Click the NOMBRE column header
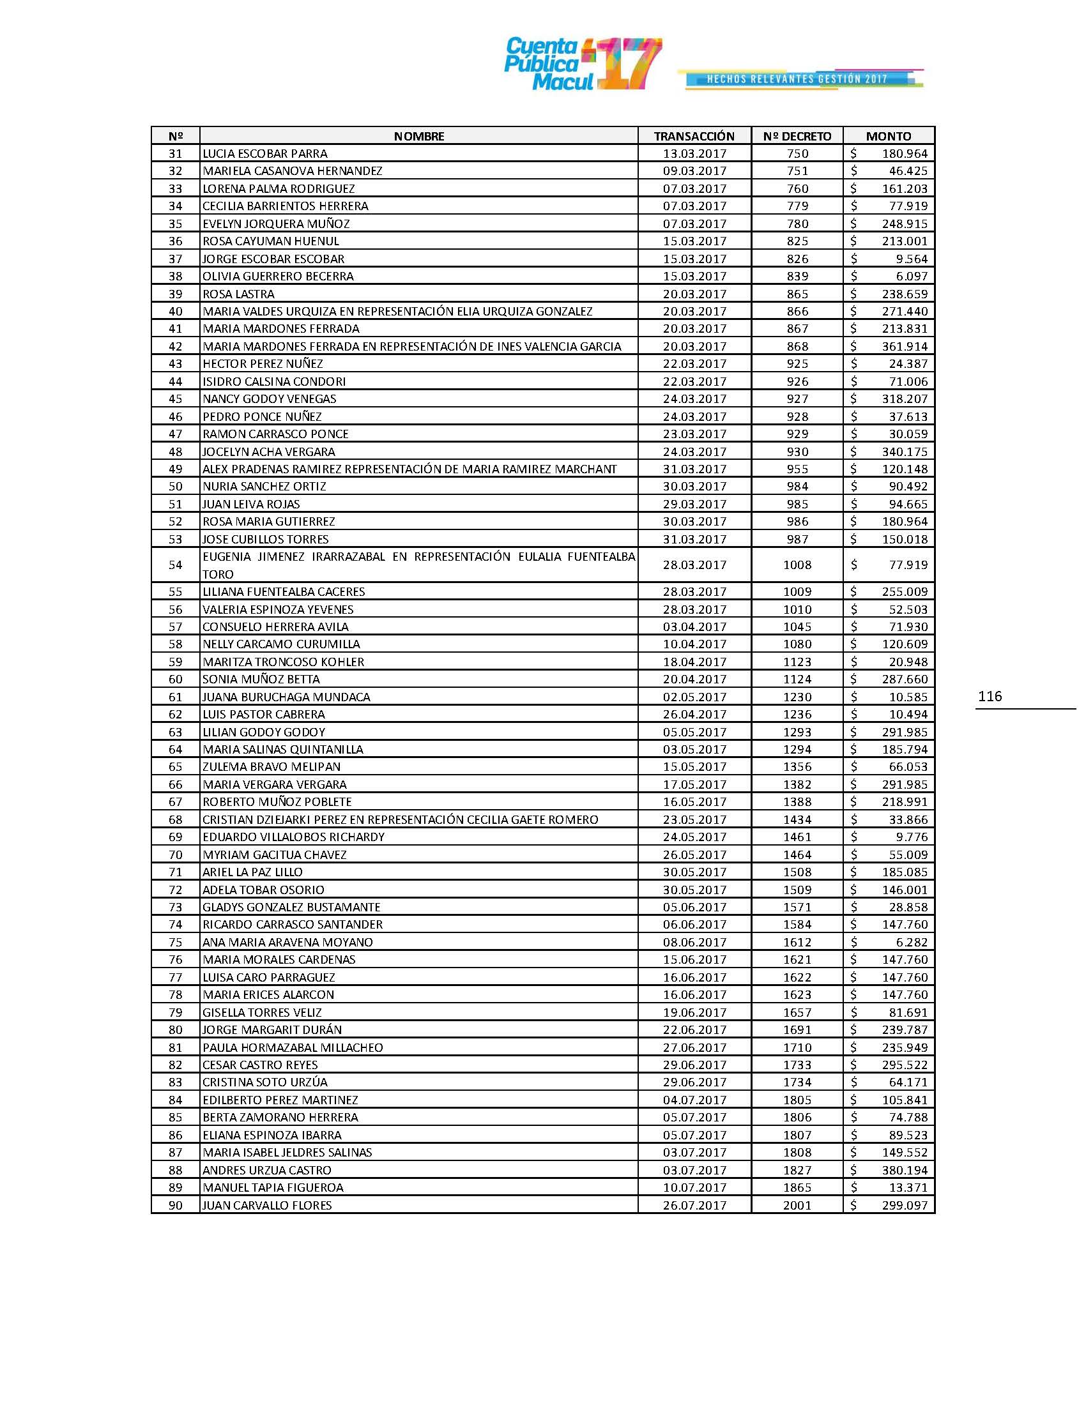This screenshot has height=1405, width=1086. coord(419,136)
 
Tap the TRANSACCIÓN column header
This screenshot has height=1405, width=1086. coord(694,136)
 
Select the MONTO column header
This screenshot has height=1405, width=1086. coord(889,136)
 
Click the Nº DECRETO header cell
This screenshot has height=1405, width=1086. coord(797,136)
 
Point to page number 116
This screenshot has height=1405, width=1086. coord(990,696)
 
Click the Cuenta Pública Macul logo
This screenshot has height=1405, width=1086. coord(582,64)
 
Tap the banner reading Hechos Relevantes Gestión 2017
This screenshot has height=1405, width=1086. coord(798,79)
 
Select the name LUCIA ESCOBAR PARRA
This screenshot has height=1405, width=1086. coord(265,154)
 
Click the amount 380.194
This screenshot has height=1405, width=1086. coord(905,1170)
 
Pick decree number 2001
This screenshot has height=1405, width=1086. coord(797,1206)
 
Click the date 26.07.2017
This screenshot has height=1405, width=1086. coord(694,1206)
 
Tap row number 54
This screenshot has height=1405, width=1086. coord(175,565)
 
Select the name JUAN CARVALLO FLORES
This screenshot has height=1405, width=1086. coord(267,1206)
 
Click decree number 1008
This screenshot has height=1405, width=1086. coord(797,565)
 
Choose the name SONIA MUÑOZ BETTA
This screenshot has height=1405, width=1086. coord(261,680)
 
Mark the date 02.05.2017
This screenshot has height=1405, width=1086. coord(694,697)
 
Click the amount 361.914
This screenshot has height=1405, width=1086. coord(905,347)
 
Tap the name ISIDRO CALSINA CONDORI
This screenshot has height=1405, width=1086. coord(274,381)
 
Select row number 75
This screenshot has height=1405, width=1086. coord(175,943)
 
